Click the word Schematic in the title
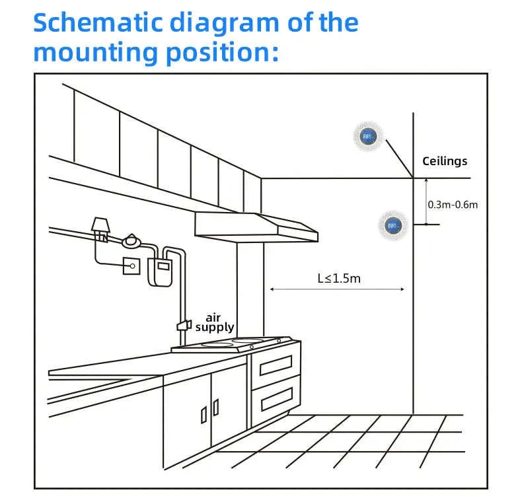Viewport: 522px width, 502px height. coord(98,22)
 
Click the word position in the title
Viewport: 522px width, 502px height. coord(222,54)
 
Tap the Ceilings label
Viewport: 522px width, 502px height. coord(445,161)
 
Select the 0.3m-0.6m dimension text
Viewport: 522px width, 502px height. coord(453,204)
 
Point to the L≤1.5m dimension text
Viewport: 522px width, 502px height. coord(339,278)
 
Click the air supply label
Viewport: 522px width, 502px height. coord(214,322)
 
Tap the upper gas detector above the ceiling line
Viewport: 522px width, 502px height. coord(368,136)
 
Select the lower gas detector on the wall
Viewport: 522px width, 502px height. coord(393,226)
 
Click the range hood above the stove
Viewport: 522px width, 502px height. coord(256,227)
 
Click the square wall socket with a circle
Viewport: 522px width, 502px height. coord(131,266)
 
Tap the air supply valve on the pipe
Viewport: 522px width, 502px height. coord(184,325)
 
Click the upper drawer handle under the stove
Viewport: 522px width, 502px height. coord(276,365)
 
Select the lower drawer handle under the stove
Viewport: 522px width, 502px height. coord(277,399)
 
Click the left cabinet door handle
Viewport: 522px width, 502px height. coord(204,415)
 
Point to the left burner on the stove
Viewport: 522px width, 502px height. coord(217,345)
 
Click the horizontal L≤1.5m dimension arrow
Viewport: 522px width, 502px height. coord(337,289)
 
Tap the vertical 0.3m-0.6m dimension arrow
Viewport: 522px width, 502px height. coord(426,201)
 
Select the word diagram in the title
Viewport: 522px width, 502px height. coord(224,24)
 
